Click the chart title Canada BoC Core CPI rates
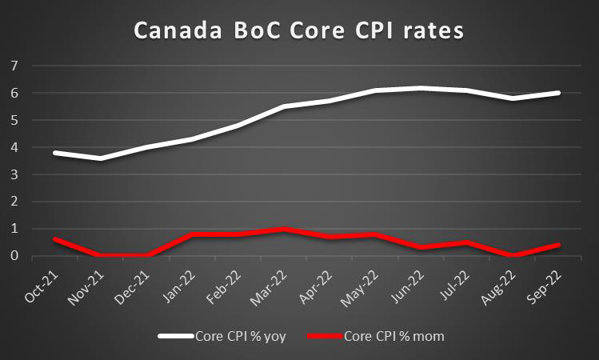coord(298,31)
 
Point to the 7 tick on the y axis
coord(14,66)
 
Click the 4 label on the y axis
coord(14,147)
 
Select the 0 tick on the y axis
coord(14,256)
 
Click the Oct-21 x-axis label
coord(41,284)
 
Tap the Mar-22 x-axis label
coord(275,284)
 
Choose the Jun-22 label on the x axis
coord(417,284)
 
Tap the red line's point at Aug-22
coord(512,255)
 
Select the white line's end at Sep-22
coord(559,93)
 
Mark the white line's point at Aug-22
coord(512,98)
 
